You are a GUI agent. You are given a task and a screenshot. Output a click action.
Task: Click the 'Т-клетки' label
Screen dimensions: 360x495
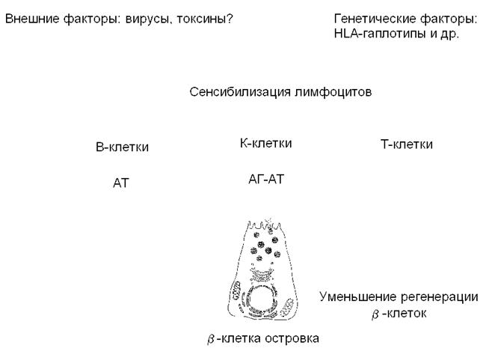pos(406,145)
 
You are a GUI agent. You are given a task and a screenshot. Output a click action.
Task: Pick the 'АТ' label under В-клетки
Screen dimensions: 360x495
pos(121,183)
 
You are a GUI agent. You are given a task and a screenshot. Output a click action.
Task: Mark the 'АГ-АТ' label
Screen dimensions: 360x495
pos(265,179)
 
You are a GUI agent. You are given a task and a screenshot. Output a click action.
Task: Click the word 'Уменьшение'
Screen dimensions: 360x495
pos(355,296)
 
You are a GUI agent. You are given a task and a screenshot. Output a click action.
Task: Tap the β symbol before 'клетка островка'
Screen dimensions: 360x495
pos(212,340)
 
